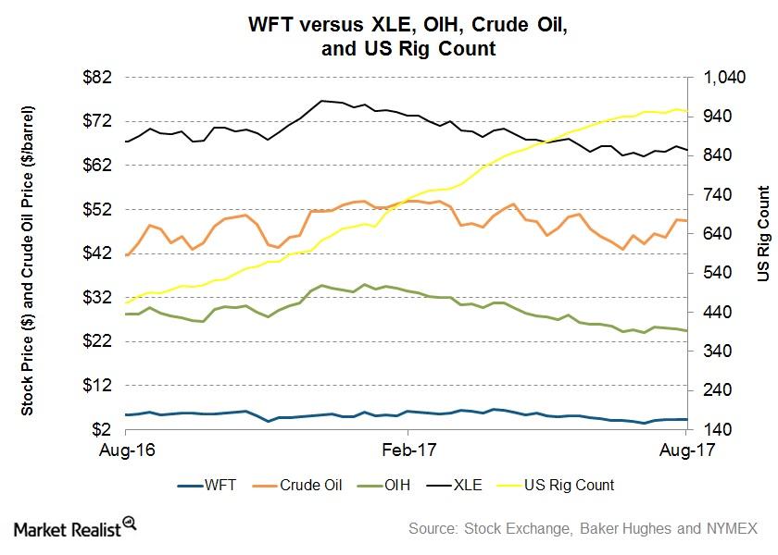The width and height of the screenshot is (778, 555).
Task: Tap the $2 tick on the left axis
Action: point(104,429)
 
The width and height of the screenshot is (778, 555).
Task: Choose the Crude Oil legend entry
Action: point(309,484)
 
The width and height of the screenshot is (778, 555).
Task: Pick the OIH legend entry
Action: point(408,484)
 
